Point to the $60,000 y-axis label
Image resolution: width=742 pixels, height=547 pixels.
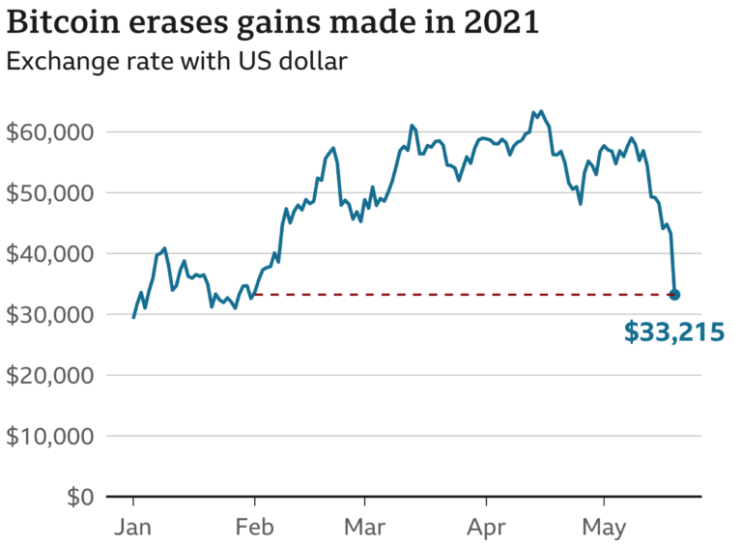point(50,131)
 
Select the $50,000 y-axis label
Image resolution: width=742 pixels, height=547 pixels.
point(50,192)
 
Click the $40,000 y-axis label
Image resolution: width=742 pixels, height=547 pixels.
point(50,253)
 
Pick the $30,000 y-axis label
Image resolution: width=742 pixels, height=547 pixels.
point(50,314)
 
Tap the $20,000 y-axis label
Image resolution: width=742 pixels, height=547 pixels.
point(50,375)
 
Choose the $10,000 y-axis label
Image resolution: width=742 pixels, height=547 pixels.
point(50,436)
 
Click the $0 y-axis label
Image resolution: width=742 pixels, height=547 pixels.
point(78,497)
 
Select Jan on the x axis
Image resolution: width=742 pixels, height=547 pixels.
point(132,528)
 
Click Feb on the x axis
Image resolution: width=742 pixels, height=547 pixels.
point(254,528)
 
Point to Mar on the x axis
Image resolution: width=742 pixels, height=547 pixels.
point(364,528)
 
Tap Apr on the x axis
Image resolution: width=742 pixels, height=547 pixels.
point(485,530)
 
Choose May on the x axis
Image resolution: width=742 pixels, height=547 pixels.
point(604,530)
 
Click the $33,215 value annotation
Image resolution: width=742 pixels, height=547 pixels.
point(674,333)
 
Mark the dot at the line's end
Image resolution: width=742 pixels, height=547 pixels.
point(674,295)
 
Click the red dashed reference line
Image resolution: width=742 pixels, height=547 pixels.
point(464,294)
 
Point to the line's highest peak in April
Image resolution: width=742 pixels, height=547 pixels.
point(540,112)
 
